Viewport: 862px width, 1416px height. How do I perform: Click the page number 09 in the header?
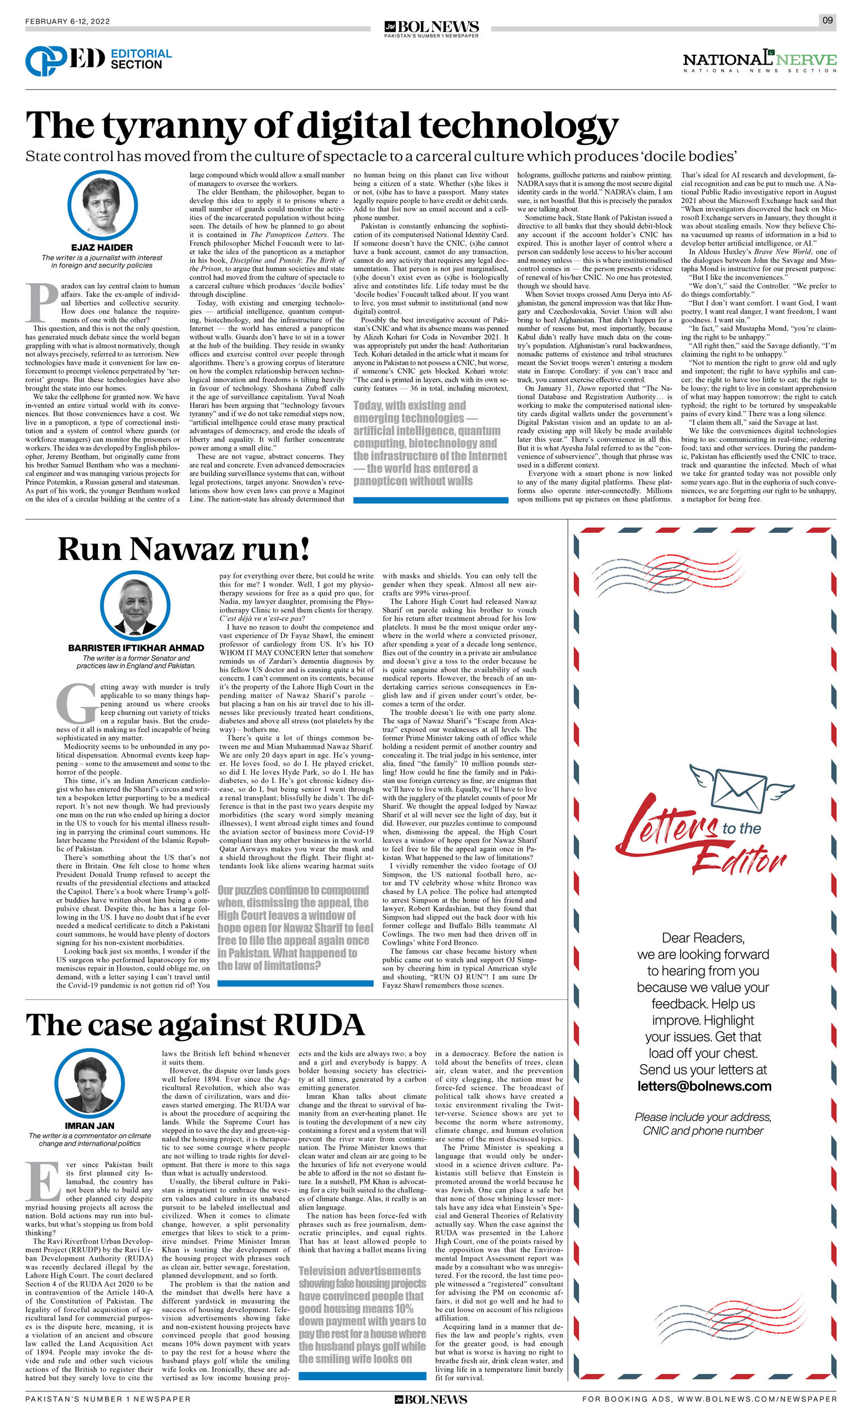pyautogui.click(x=827, y=20)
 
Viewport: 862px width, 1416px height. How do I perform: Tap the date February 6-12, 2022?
pyautogui.click(x=67, y=21)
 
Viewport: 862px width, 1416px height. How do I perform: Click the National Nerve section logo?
pyautogui.click(x=759, y=60)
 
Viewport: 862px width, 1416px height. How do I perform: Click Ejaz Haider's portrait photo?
pyautogui.click(x=102, y=205)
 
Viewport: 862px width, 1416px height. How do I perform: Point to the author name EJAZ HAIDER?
pyautogui.click(x=102, y=247)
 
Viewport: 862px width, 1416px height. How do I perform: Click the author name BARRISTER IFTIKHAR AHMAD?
pyautogui.click(x=136, y=647)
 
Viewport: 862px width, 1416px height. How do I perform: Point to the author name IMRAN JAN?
pyautogui.click(x=89, y=1126)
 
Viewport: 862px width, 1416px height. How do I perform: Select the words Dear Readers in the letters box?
pyautogui.click(x=703, y=938)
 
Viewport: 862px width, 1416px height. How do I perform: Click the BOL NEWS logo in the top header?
pyautogui.click(x=431, y=27)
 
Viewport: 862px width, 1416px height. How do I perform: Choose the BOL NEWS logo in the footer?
pyautogui.click(x=431, y=1399)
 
